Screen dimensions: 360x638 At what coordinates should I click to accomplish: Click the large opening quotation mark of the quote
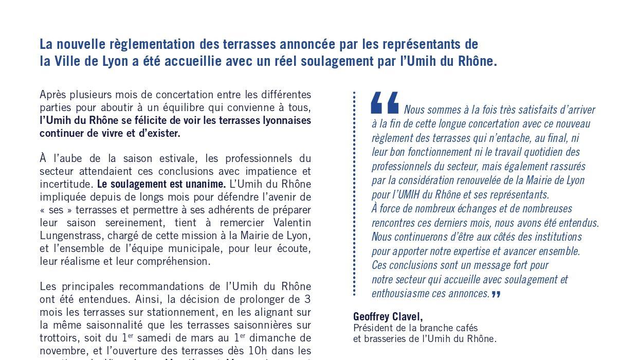point(384,103)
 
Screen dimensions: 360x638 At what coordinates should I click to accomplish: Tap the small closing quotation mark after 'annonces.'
point(496,294)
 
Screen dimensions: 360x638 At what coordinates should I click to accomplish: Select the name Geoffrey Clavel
point(388,316)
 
